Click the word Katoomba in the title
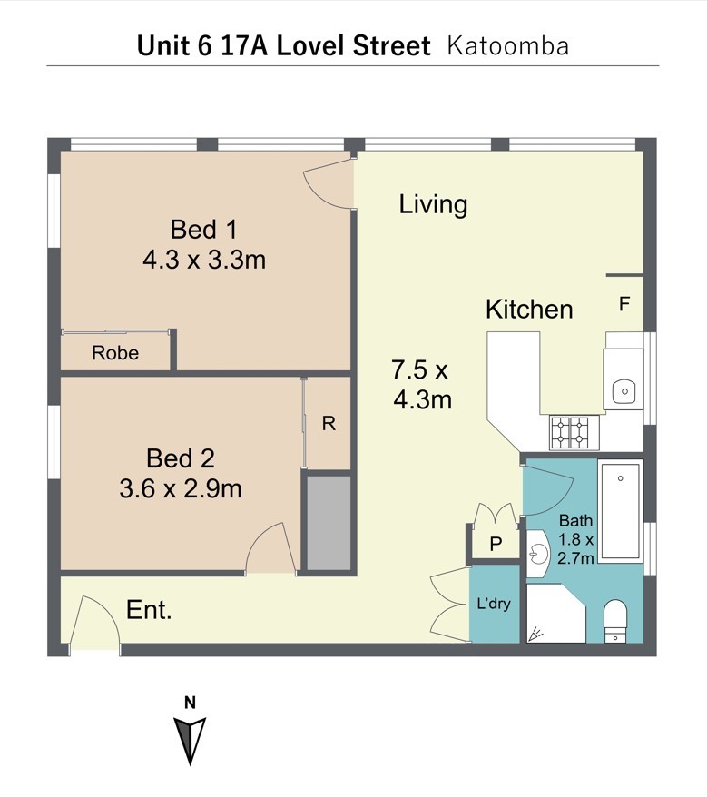pos(507,45)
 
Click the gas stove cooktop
pos(574,433)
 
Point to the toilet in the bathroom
pos(615,621)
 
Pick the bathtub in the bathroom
pos(621,511)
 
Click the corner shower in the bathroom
pos(556,614)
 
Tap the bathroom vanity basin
pos(538,553)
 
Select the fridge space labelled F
pos(624,304)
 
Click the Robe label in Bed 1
pos(115,353)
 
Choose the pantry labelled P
pos(496,544)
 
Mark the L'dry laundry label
pos(494,604)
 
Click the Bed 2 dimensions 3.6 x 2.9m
pos(181,488)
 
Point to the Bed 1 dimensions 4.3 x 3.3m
pos(204,260)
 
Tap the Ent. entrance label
pos(149,609)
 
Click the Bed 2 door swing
pos(270,548)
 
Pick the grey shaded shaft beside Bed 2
pos(329,523)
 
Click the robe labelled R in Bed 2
pos(329,423)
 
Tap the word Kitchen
pos(529,309)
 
